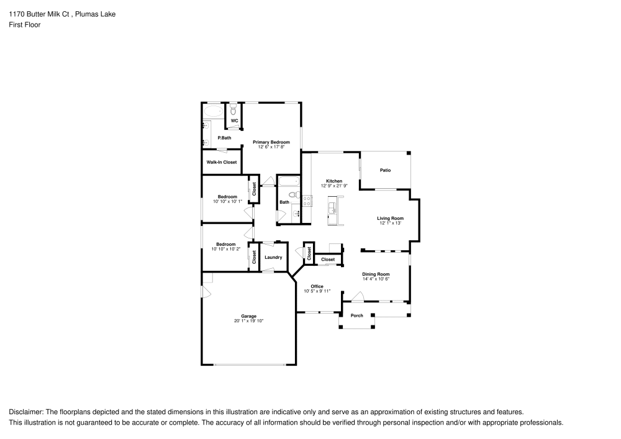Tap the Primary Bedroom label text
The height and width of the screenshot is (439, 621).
(x=271, y=142)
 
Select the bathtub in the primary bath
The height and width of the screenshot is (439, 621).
(x=213, y=112)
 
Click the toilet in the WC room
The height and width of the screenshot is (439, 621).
(x=233, y=111)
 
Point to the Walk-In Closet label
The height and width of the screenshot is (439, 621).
(x=222, y=162)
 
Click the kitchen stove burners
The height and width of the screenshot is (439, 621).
(x=306, y=200)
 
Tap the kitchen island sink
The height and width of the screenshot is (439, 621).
(x=332, y=207)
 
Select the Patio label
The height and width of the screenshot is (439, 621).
(x=385, y=170)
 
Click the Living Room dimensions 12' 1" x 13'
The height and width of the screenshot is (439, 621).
(x=390, y=223)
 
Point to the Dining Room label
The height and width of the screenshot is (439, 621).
(x=376, y=274)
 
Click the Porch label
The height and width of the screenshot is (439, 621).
(x=357, y=315)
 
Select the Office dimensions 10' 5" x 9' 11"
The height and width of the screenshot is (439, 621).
(x=317, y=291)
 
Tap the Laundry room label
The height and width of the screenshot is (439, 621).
(x=273, y=257)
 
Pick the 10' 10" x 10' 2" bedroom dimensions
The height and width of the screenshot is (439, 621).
(x=225, y=249)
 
